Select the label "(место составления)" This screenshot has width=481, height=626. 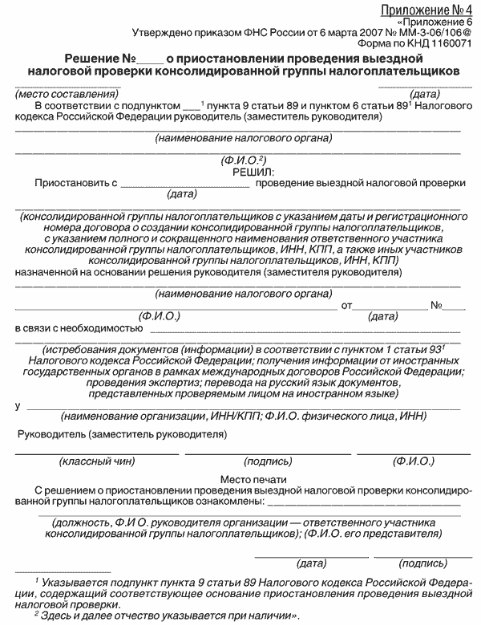pyautogui.click(x=54, y=94)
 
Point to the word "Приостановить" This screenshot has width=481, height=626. pyautogui.click(x=71, y=183)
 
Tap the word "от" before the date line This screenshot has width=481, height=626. pyautogui.click(x=347, y=305)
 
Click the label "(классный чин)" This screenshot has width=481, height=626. pyautogui.click(x=95, y=463)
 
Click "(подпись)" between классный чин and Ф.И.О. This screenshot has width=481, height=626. pyautogui.click(x=268, y=463)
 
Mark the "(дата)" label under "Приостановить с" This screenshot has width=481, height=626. pyautogui.click(x=181, y=194)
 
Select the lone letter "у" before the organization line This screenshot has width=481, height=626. pyautogui.click(x=18, y=405)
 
